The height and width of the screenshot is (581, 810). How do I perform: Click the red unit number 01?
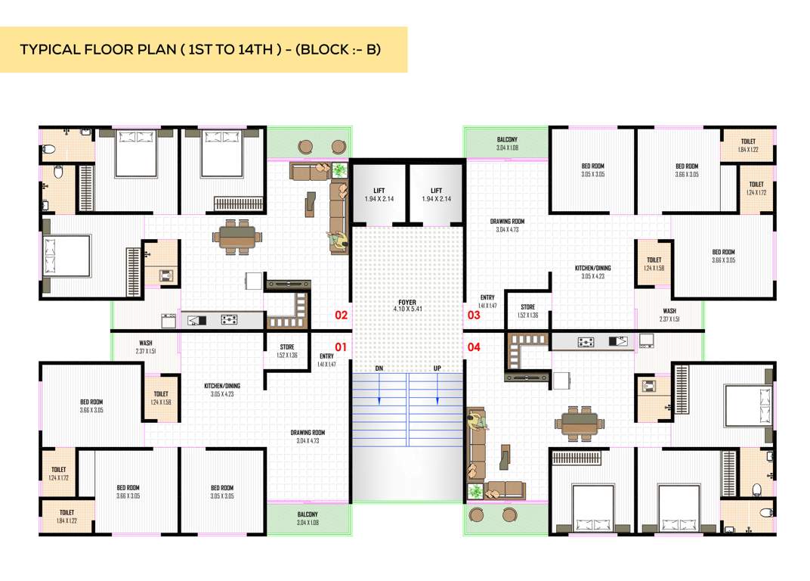[341, 347]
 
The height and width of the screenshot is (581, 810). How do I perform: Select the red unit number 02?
[341, 315]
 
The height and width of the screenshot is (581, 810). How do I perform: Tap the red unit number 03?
[474, 315]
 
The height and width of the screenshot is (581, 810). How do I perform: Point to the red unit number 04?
[474, 347]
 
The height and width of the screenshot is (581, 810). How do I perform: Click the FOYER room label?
[407, 302]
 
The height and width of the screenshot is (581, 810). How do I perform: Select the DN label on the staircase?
[380, 368]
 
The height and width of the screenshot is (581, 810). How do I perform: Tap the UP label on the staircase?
[436, 368]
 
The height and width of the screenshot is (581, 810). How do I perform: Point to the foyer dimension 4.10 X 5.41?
[407, 309]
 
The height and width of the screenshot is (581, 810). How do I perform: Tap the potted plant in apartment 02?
[339, 170]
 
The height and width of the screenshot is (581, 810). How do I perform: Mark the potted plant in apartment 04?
[475, 491]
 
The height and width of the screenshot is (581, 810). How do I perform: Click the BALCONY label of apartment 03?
[507, 140]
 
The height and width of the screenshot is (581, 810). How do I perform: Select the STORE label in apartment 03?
[527, 307]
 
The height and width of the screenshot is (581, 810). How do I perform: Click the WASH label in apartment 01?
[146, 343]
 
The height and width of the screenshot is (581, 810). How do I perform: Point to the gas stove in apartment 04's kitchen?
[586, 342]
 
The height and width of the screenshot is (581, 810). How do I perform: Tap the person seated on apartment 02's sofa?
[335, 241]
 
